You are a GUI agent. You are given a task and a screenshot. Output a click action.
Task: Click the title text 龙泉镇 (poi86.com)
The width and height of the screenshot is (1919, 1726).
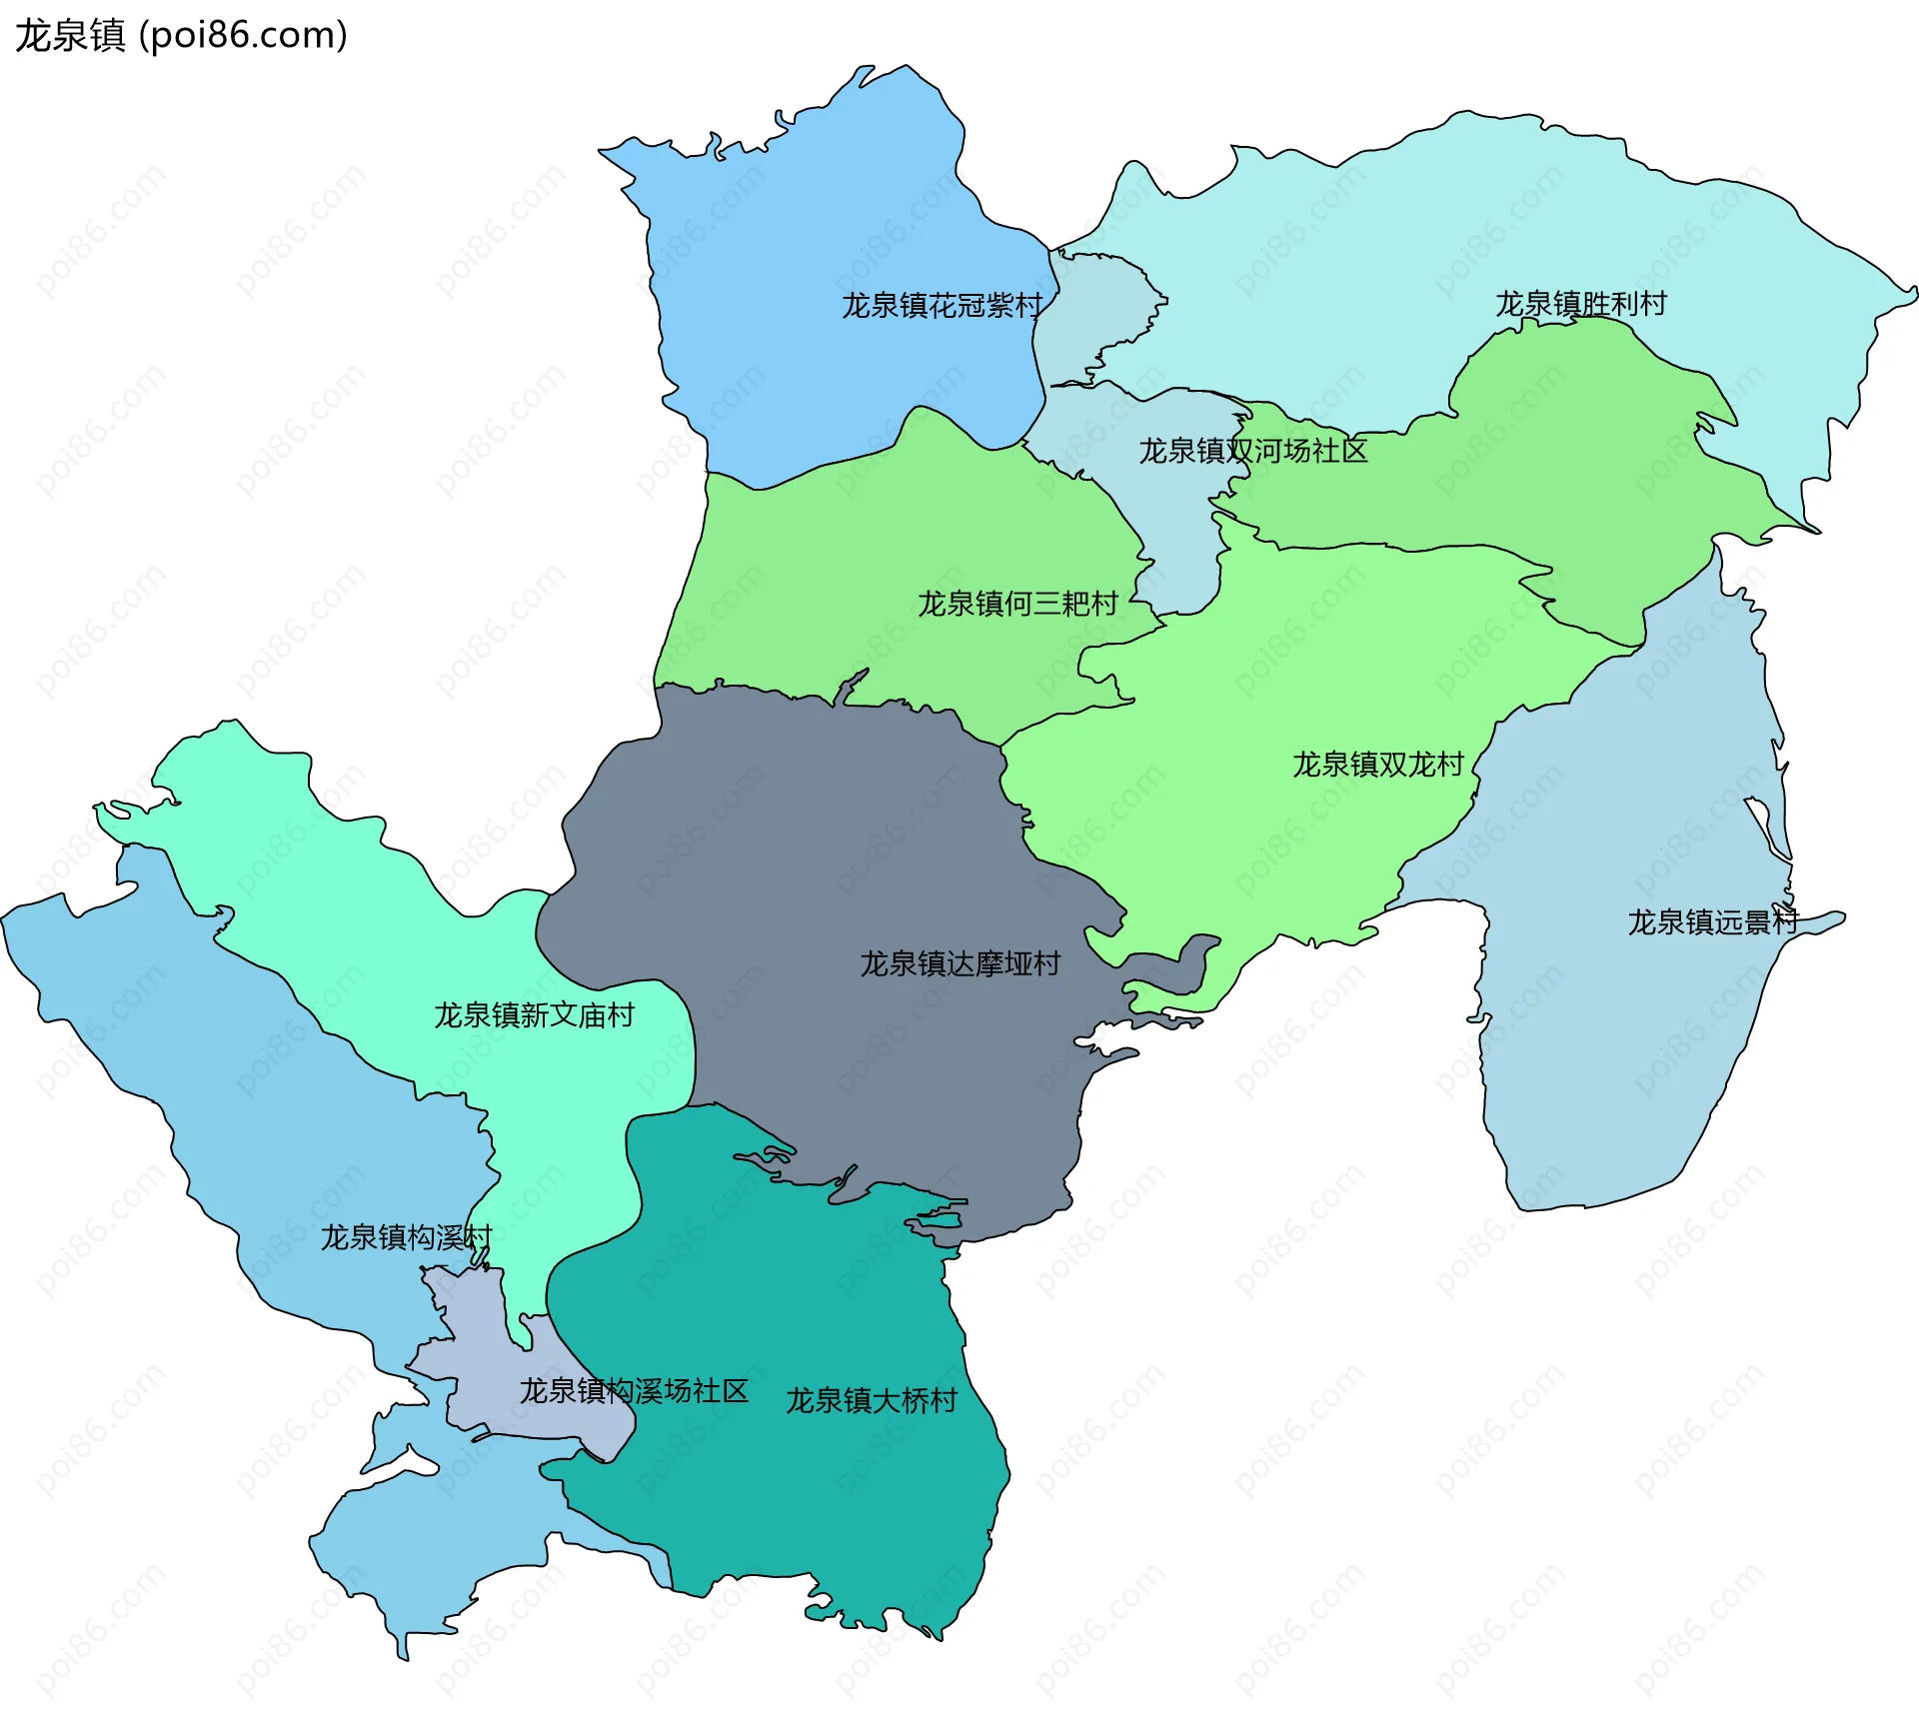coord(181,35)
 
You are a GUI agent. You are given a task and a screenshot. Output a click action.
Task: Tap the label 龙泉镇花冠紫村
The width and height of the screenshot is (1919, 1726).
coord(942,305)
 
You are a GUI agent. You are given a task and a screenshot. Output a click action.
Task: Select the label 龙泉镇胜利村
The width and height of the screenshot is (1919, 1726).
coord(1580,303)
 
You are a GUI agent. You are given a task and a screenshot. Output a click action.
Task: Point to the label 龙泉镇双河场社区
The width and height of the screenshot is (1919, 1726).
coord(1252,451)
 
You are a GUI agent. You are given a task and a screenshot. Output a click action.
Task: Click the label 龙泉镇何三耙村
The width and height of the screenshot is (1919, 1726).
coord(1016,604)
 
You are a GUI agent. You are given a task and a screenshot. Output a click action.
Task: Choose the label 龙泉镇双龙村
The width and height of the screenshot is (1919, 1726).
coord(1377,765)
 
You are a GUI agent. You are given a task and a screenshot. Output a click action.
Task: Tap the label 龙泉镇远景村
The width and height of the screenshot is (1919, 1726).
coord(1712,921)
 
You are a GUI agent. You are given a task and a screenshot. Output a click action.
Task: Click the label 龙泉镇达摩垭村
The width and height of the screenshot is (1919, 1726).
coord(959,963)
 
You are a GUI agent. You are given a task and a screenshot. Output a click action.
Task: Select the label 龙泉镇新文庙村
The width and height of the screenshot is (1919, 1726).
coord(534,1015)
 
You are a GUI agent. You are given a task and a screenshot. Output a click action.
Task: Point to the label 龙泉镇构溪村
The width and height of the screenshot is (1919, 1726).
coord(406,1237)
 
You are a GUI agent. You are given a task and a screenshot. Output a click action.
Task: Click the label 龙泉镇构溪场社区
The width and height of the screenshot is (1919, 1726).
coord(634,1390)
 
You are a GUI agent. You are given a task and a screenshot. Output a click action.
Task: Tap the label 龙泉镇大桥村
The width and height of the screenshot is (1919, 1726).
coord(871,1400)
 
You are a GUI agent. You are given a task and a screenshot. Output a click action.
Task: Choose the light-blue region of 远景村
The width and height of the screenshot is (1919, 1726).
coord(1619,1049)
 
